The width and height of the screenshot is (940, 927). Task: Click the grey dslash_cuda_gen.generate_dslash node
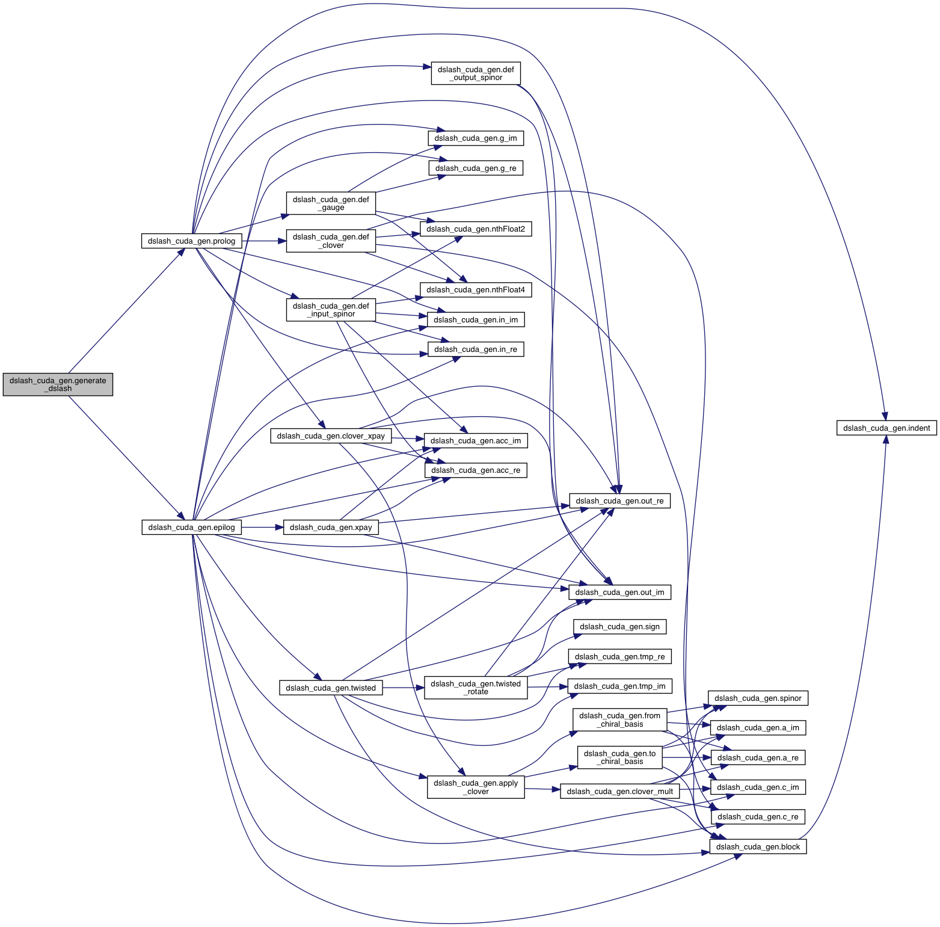(x=58, y=384)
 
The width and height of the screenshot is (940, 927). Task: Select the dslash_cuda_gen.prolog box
(x=192, y=241)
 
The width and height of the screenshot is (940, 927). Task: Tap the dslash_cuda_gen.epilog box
(x=192, y=528)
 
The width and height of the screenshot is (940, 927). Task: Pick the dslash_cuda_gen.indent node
(x=886, y=428)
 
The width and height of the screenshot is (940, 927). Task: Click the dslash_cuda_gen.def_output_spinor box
(x=475, y=73)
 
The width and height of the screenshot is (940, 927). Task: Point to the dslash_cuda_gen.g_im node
(x=475, y=138)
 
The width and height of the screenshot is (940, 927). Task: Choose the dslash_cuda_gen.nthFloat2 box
(x=476, y=229)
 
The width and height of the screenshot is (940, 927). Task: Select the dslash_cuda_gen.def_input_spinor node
(x=331, y=310)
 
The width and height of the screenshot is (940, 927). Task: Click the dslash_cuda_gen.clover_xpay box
(x=331, y=436)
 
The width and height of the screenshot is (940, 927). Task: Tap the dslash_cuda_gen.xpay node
(x=331, y=528)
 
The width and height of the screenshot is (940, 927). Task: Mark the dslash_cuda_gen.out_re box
(x=619, y=501)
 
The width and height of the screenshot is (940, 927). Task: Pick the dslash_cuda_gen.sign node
(x=619, y=627)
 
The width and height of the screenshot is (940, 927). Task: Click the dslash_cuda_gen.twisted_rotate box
(x=476, y=688)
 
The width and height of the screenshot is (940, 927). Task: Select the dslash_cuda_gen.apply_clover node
(x=476, y=787)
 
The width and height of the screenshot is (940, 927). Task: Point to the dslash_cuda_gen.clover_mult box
(x=619, y=792)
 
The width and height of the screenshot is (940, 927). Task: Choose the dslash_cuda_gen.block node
(x=758, y=847)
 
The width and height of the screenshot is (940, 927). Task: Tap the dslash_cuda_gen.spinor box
(x=758, y=698)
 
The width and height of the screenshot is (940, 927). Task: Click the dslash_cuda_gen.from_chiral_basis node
(x=619, y=719)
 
